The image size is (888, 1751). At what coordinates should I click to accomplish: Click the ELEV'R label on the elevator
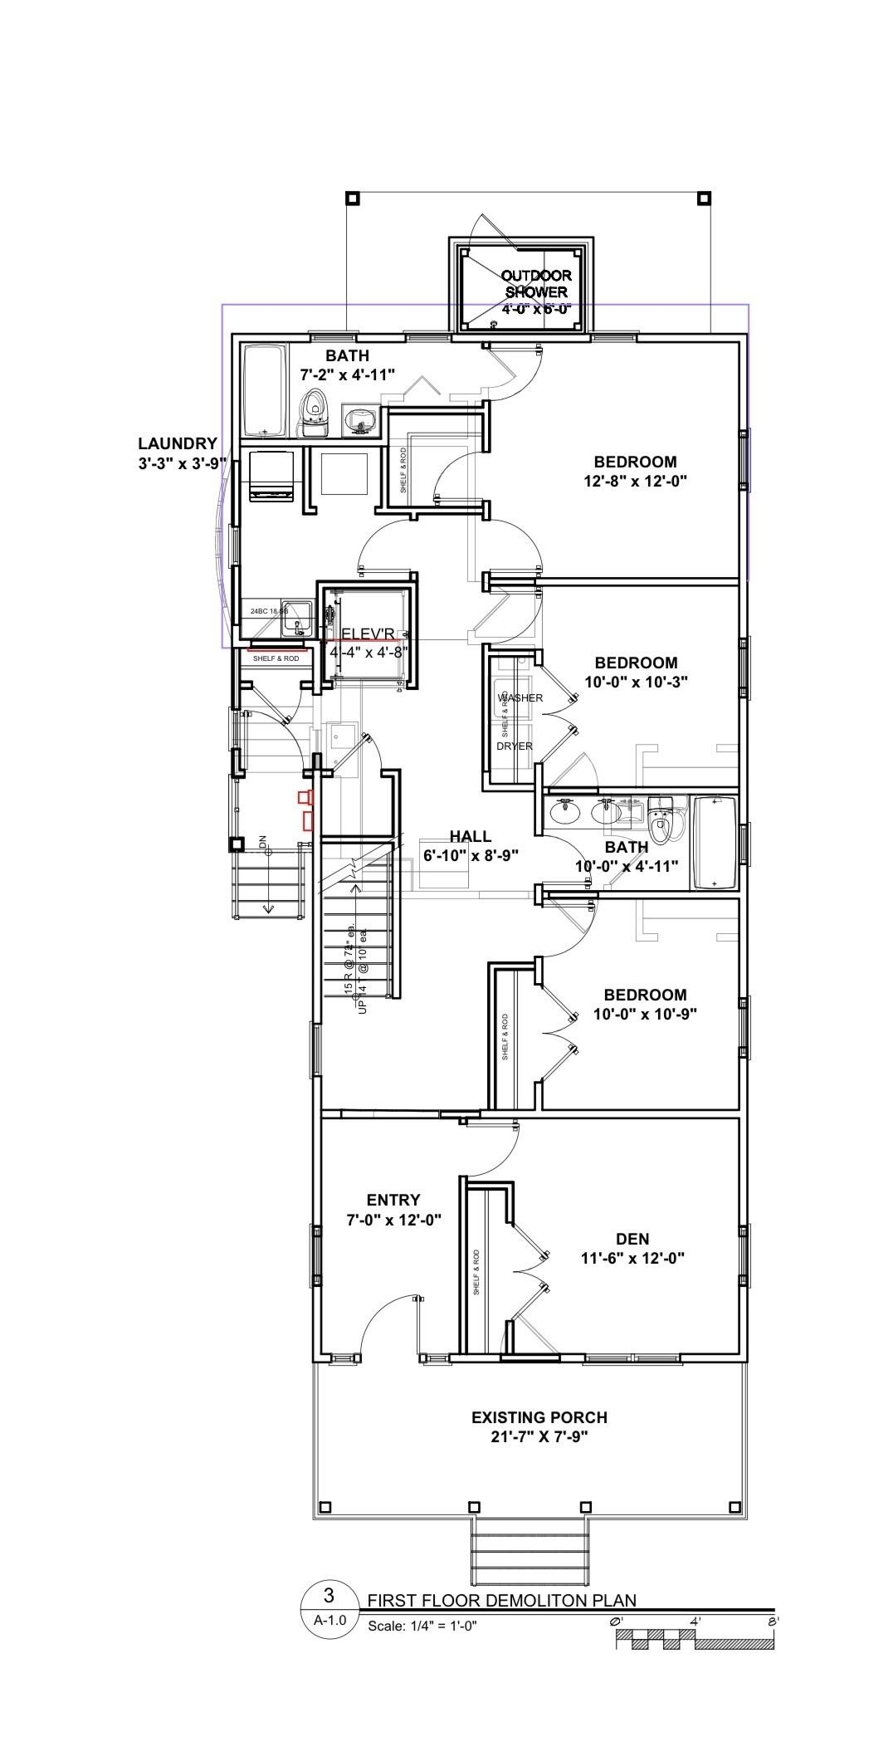(x=368, y=634)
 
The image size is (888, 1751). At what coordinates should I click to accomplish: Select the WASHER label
(x=520, y=697)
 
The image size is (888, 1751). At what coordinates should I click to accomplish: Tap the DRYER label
(x=515, y=746)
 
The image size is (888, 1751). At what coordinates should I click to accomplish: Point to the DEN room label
(x=632, y=1239)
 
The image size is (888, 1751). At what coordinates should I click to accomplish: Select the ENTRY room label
(x=393, y=1200)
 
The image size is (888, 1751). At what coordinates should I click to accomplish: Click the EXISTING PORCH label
(x=539, y=1417)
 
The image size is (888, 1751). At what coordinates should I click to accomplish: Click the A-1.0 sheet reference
(x=329, y=1619)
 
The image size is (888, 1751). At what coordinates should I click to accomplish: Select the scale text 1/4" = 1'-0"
(x=422, y=1626)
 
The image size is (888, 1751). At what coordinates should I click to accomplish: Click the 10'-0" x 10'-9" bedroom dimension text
(x=645, y=1013)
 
